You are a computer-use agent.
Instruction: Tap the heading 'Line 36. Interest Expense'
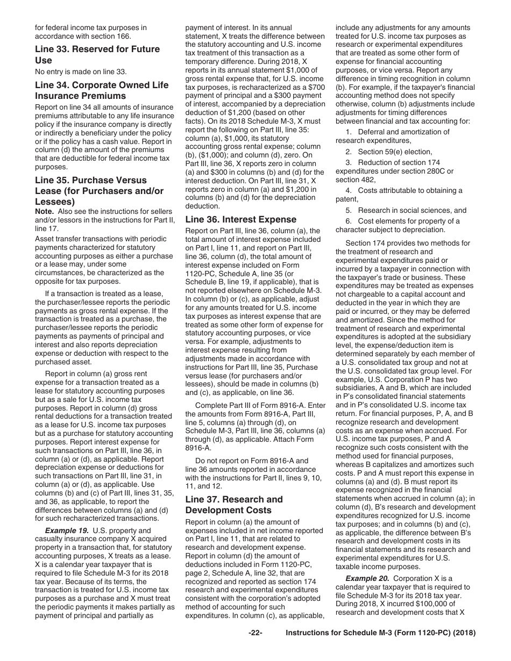240,219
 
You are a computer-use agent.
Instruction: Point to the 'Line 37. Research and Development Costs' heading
233,505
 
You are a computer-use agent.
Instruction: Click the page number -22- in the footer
255,648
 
